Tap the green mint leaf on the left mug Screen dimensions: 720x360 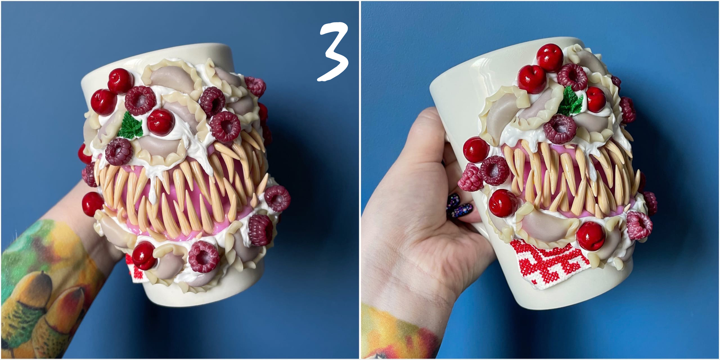coord(131,126)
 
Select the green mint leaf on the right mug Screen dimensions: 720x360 coord(570,102)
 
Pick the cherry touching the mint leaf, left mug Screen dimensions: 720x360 coord(160,122)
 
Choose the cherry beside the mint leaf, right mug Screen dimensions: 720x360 coord(596,99)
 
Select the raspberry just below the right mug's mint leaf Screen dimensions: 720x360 coord(560,129)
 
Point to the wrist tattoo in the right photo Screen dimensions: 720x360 coord(397,334)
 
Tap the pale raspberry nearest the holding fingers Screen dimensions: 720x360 coord(470,178)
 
